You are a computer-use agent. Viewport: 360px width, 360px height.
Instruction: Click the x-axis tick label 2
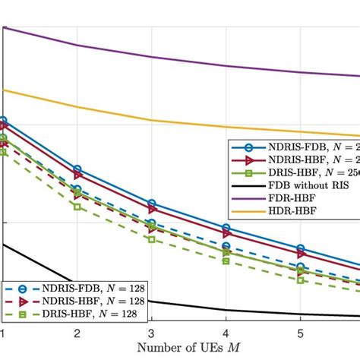pyautogui.click(x=77, y=333)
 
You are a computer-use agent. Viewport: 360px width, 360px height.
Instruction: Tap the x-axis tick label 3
pyautogui.click(x=152, y=333)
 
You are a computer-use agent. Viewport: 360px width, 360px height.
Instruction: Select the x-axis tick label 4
pyautogui.click(x=226, y=333)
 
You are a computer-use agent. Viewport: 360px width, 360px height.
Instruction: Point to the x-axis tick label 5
pyautogui.click(x=301, y=333)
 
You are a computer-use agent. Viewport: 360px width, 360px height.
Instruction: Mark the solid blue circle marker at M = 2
pyautogui.click(x=77, y=169)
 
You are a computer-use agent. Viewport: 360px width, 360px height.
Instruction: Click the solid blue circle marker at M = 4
pyautogui.click(x=226, y=228)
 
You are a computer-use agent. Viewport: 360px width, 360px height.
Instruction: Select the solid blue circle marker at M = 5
pyautogui.click(x=301, y=248)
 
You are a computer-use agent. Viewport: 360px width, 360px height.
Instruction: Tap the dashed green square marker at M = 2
pyautogui.click(x=77, y=206)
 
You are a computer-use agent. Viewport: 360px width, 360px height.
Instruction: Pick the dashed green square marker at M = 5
pyautogui.click(x=301, y=280)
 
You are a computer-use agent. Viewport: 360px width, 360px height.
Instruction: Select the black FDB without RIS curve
pyautogui.click(x=190, y=305)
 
